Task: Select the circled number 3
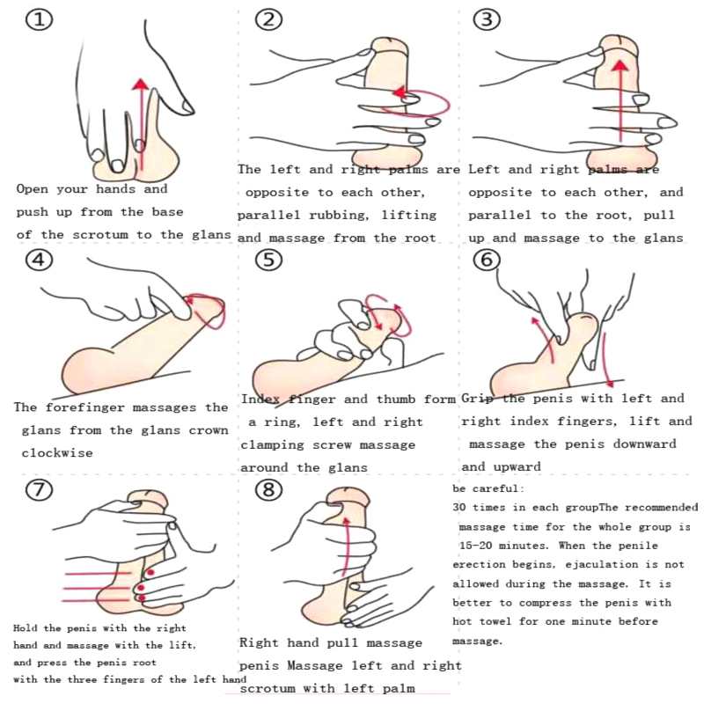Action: [x=487, y=19]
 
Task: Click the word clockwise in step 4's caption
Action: [x=57, y=452]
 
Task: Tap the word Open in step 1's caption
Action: [x=33, y=188]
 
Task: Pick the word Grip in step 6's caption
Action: [x=478, y=399]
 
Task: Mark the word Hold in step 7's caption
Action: [x=27, y=628]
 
